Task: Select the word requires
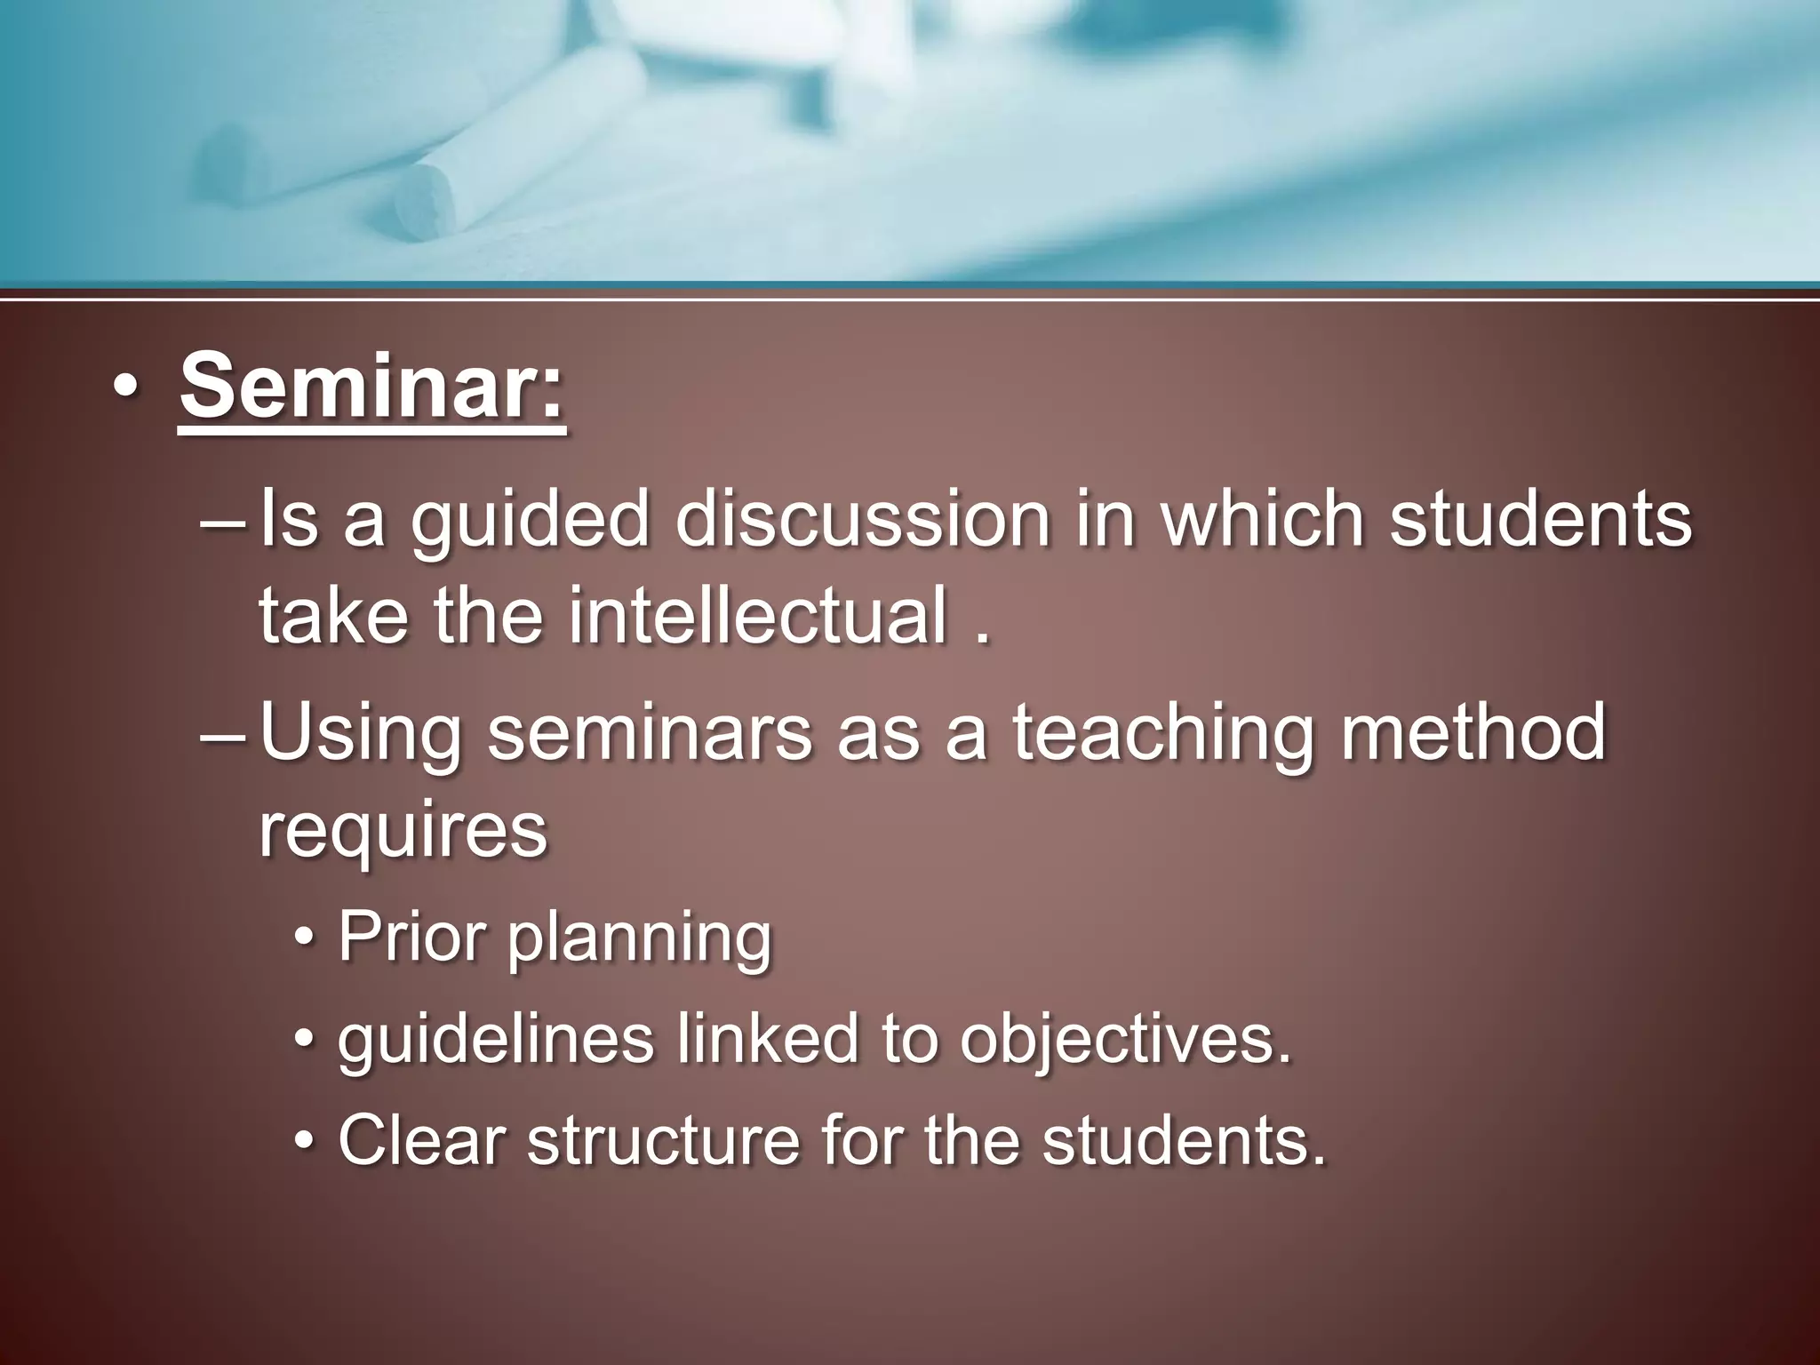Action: coord(403,830)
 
